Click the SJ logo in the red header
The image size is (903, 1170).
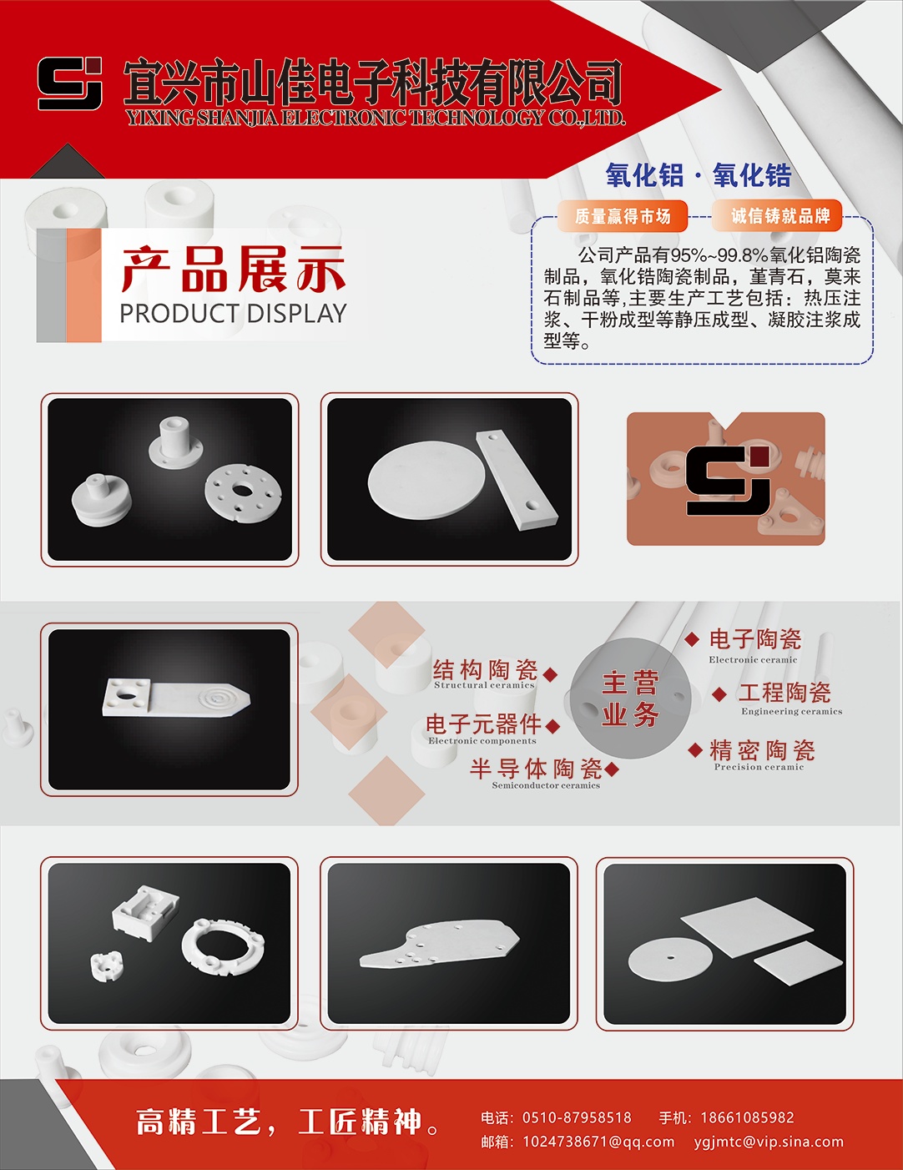tap(69, 83)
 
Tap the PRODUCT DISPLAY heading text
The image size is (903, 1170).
tap(233, 314)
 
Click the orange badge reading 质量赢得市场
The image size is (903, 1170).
tap(623, 216)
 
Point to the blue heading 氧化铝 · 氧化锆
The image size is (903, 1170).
tap(699, 175)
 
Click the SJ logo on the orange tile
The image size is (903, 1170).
tap(728, 480)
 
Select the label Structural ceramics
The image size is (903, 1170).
tap(484, 685)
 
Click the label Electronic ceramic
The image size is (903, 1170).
tap(753, 659)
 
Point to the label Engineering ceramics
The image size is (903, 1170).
tap(791, 711)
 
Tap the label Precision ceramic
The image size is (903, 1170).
tap(759, 767)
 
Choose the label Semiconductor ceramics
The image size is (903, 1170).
tap(546, 785)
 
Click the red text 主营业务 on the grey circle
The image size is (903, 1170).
tap(631, 698)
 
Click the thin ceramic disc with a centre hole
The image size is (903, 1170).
tap(670, 958)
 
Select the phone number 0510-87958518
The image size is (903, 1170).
tap(577, 1117)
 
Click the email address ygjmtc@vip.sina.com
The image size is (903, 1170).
tap(769, 1142)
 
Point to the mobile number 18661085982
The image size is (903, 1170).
tap(747, 1117)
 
